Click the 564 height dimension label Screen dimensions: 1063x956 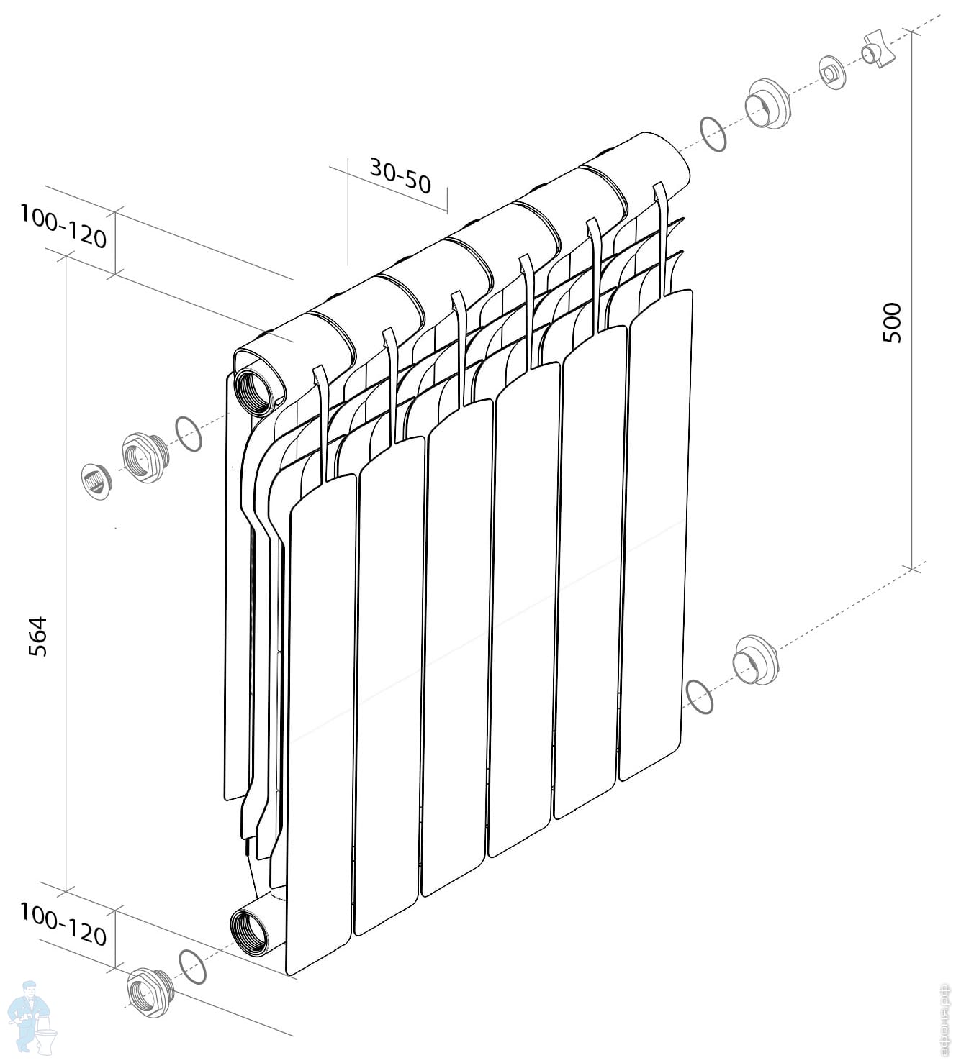[37, 636]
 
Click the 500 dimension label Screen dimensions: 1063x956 [891, 323]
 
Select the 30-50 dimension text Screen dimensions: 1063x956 [400, 176]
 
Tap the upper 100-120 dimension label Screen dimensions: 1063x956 [63, 225]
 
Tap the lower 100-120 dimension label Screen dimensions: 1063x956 [63, 923]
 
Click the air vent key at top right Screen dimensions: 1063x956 [880, 55]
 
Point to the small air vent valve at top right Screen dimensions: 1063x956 [832, 73]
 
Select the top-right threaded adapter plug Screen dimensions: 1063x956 [767, 104]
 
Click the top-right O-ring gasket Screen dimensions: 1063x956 [713, 134]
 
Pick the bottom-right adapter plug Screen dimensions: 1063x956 [754, 660]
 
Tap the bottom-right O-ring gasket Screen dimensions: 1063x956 [700, 695]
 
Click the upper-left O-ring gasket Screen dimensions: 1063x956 [189, 434]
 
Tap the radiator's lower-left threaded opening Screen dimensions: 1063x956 [249, 931]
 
